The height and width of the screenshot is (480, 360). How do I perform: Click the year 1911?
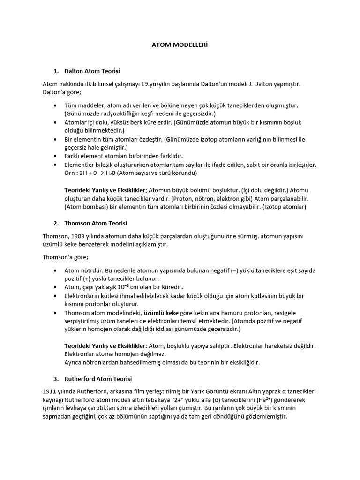(49, 391)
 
